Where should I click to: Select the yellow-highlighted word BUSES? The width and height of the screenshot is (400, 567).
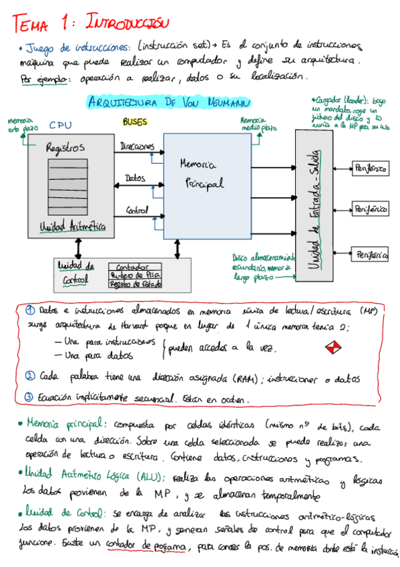coord(135,122)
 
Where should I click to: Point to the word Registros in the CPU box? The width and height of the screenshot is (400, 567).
coord(65,148)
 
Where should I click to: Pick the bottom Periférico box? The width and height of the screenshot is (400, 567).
coord(371,255)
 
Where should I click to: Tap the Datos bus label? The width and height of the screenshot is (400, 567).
coord(135,179)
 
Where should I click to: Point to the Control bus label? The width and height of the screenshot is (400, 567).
coord(138,211)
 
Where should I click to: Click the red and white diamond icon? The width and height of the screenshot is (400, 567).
coord(333,348)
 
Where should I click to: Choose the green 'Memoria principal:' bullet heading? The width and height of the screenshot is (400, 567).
coord(64,424)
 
